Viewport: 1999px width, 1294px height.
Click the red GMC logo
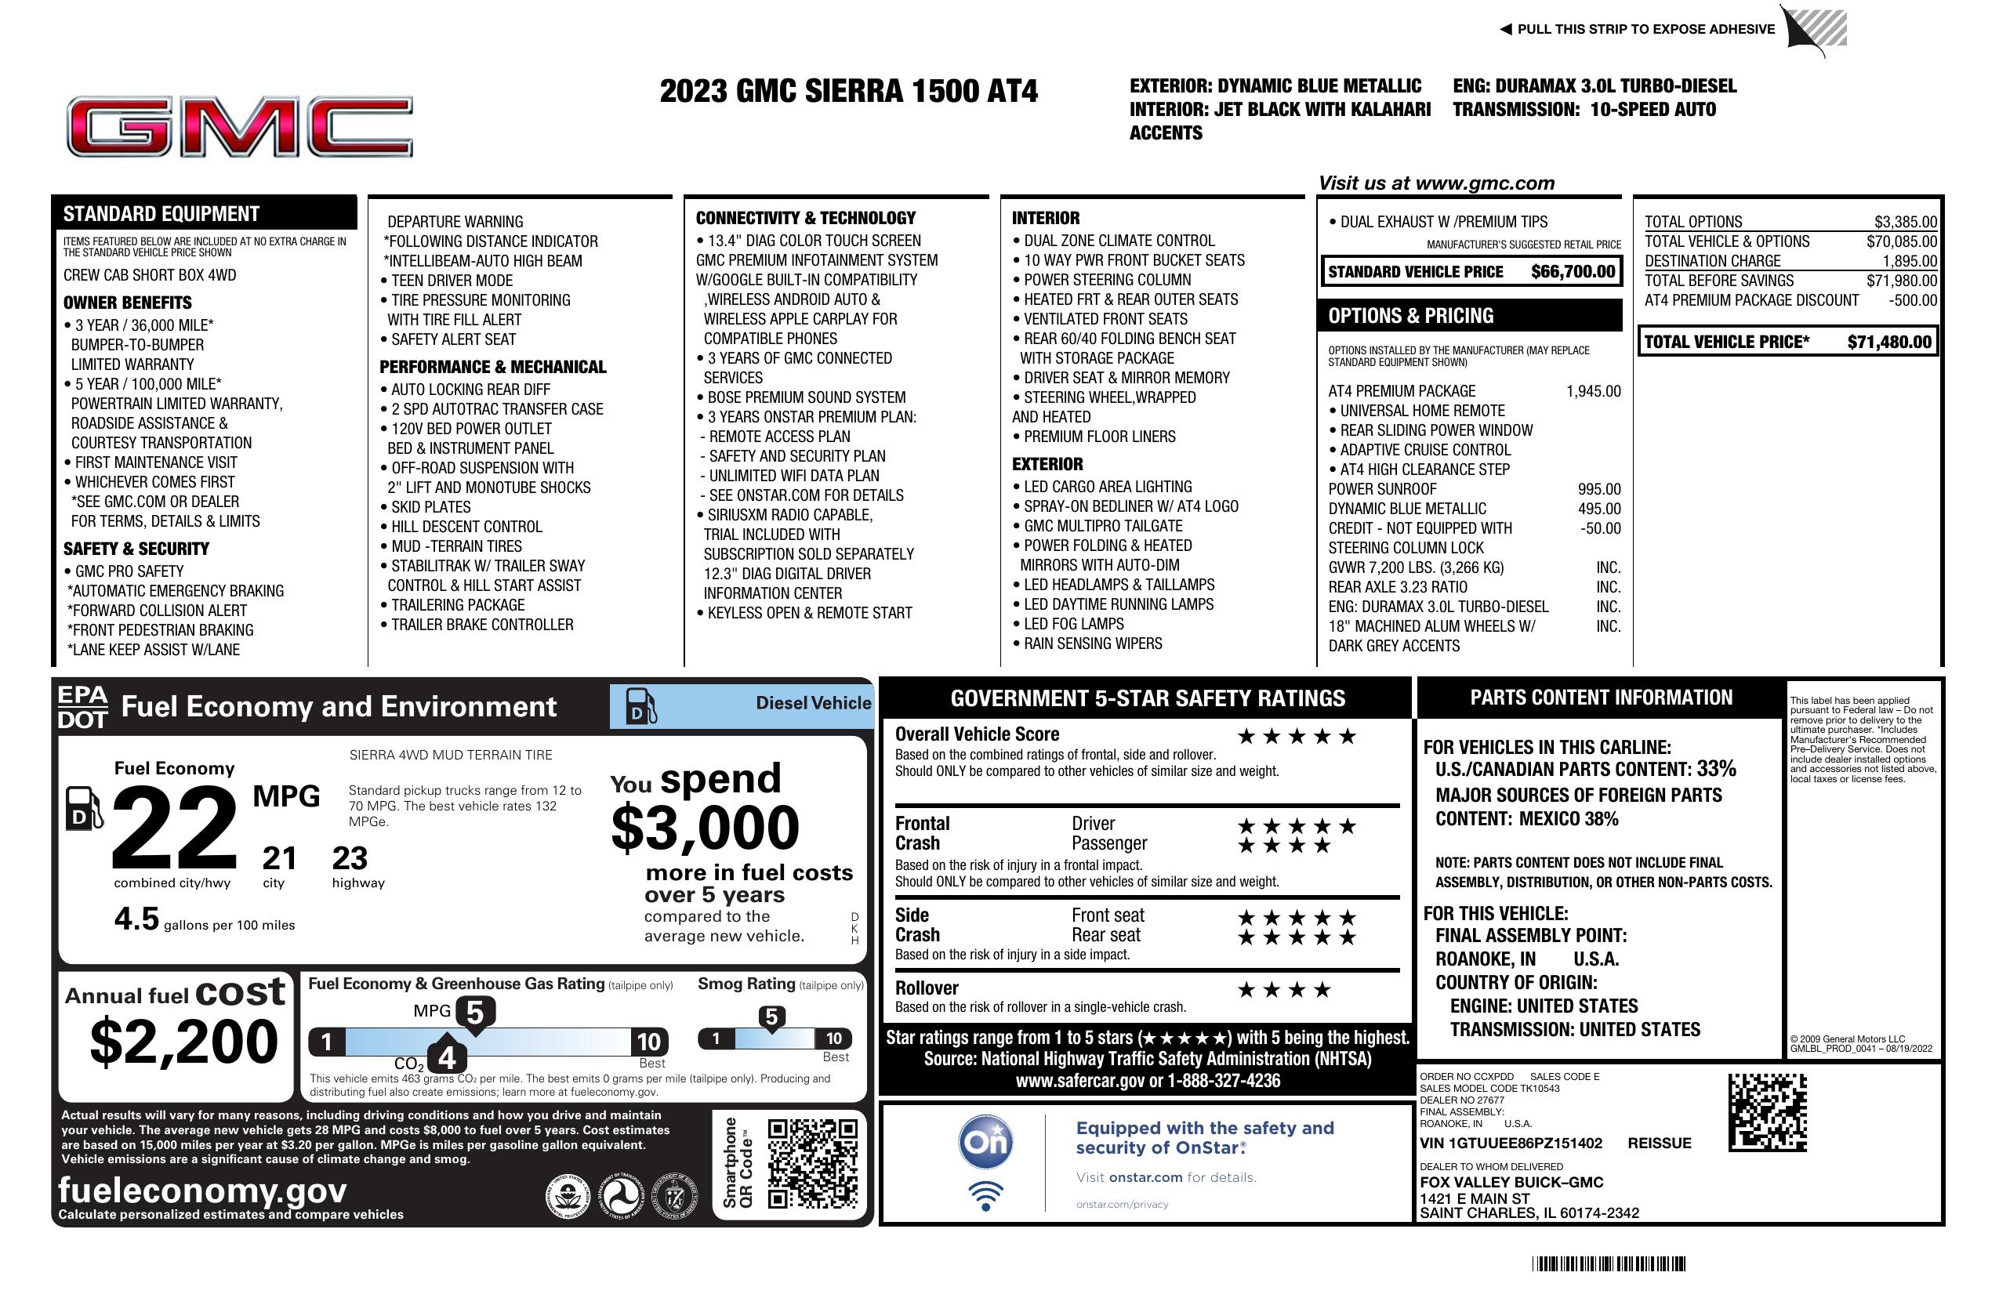pos(239,127)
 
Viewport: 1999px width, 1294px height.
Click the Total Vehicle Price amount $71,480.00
pos(1889,342)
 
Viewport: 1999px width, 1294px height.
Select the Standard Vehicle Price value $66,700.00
pos(1573,271)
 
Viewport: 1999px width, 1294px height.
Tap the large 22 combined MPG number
pos(175,827)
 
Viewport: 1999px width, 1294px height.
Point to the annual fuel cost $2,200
pos(183,1042)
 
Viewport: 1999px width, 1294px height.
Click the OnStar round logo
pos(986,1142)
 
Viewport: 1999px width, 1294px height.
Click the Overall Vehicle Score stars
pos(1297,737)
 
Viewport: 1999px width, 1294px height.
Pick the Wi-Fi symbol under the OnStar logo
pos(985,1195)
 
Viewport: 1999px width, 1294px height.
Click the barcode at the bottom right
pos(1609,1263)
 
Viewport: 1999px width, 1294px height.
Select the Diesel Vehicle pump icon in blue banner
pos(640,706)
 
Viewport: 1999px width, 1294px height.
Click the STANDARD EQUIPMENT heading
pos(161,213)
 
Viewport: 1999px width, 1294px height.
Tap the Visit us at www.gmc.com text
pos(1436,183)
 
